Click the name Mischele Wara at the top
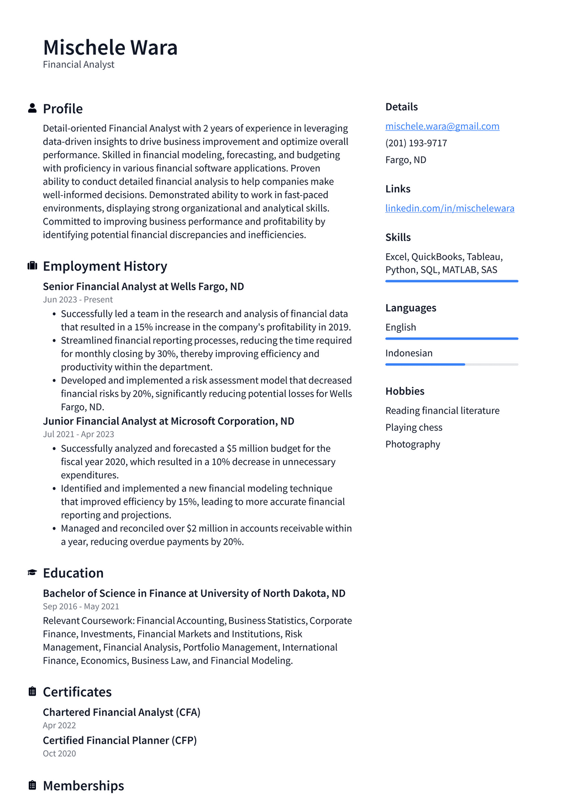pos(110,48)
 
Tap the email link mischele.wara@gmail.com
pos(442,126)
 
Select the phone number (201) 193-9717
pos(416,143)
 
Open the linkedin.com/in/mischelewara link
pos(449,208)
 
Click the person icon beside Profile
pos(32,108)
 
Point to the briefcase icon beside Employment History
pos(32,266)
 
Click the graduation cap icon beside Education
pos(32,573)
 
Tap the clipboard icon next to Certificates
pos(32,692)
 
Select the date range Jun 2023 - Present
pos(77,300)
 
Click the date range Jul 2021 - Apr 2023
pos(78,435)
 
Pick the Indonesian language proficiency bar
pos(452,364)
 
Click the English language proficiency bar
pos(452,338)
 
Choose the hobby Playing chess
pos(413,427)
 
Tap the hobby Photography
pos(412,444)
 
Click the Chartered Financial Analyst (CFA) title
pos(122,712)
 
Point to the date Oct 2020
pos(59,754)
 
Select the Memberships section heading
pos(83,786)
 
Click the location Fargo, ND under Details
pos(406,160)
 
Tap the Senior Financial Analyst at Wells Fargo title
pos(143,286)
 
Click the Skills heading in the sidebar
pos(398,237)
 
